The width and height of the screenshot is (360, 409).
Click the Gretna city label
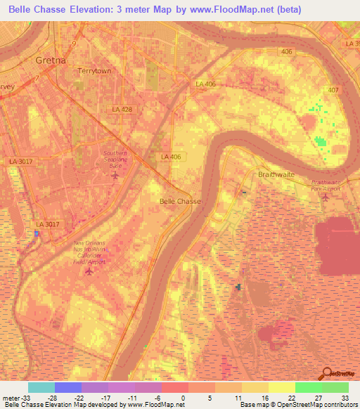coord(50,60)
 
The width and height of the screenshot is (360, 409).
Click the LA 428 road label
coord(122,110)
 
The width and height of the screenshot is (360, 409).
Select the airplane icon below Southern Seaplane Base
coord(115,175)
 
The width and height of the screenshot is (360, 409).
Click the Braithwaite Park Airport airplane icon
coord(324,197)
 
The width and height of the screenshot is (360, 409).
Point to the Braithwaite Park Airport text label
coord(324,186)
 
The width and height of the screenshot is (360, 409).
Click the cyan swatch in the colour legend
coord(41,387)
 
